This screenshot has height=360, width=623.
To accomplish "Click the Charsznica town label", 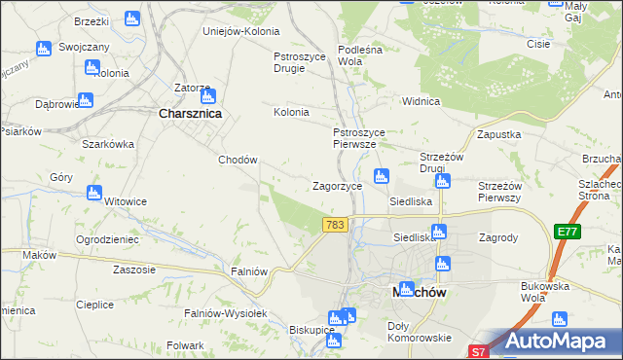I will [191, 113].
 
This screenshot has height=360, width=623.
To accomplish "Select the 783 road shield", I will [336, 225].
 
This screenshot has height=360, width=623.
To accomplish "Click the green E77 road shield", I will [568, 232].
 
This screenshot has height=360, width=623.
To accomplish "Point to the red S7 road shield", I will [477, 351].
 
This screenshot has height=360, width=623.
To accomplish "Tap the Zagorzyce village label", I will [337, 185].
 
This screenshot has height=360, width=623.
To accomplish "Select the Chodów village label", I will [238, 161].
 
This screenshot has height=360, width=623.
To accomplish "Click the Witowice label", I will [126, 201].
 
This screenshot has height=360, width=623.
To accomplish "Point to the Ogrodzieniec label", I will [107, 238].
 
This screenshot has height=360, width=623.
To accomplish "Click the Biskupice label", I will [312, 330].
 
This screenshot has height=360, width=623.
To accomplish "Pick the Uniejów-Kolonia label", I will [239, 30].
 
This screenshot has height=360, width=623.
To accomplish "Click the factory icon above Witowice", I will [94, 193].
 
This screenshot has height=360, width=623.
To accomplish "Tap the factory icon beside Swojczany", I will [43, 49].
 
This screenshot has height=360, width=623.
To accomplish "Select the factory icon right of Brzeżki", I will [132, 18].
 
